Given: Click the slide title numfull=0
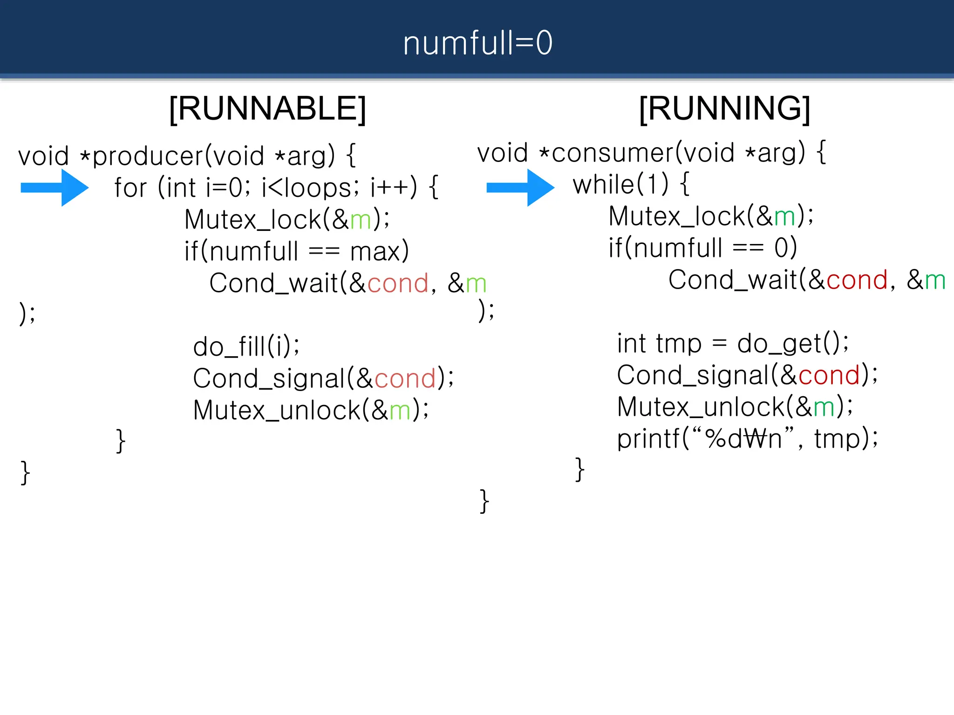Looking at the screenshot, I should (x=477, y=43).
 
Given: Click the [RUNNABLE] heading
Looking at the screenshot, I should (x=267, y=109).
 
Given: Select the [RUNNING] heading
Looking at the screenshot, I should (x=724, y=109).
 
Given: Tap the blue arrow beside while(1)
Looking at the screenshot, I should (x=520, y=188).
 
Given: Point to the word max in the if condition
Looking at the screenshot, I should (x=375, y=252).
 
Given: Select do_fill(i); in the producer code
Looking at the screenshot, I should (x=246, y=347).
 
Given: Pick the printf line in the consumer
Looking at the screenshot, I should (x=747, y=439).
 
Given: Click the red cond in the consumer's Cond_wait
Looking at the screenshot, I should (x=857, y=280).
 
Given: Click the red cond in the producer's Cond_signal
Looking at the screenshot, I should (x=405, y=378).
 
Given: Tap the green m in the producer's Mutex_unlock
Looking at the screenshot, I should (x=400, y=411).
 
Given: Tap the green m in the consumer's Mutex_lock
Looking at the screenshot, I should (x=784, y=217).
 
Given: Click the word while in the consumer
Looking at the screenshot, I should (x=603, y=185).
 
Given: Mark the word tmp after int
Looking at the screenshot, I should (x=678, y=344).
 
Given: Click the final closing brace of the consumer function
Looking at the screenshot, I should (x=484, y=501).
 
